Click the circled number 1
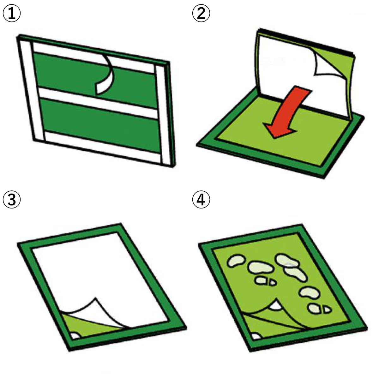click(12, 13)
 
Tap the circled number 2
click(201, 13)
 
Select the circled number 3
click(12, 199)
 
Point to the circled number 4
click(201, 199)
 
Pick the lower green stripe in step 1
click(100, 126)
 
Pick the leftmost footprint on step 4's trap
click(236, 261)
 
